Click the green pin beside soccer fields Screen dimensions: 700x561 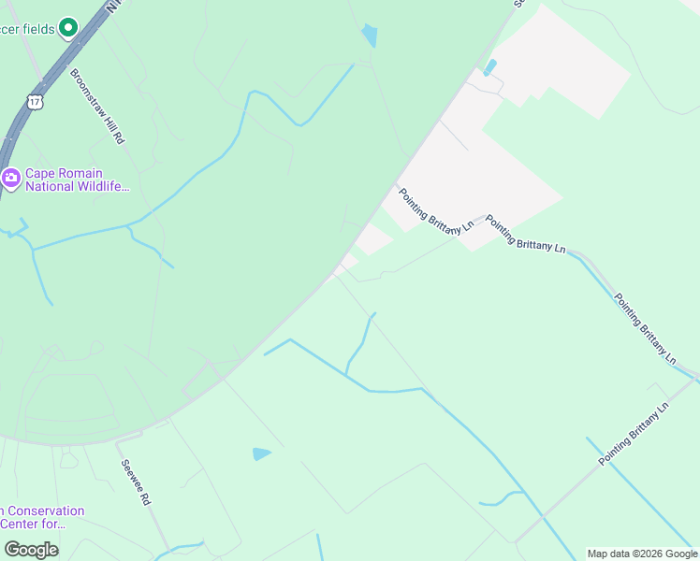67,29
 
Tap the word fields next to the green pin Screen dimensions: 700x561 37,29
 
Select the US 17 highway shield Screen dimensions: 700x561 35,100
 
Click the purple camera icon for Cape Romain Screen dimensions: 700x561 11,177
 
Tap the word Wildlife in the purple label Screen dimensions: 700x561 103,187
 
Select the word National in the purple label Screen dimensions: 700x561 51,187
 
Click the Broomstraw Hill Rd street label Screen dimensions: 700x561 97,106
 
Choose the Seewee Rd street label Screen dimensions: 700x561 135,482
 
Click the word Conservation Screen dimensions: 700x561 45,511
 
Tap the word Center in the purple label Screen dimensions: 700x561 24,525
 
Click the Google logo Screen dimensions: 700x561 31,550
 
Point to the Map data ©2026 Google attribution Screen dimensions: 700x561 642,554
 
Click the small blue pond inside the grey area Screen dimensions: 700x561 489,67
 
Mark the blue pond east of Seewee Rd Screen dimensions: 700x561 261,454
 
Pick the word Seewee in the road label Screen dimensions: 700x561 130,473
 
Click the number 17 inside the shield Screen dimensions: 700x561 35,101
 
